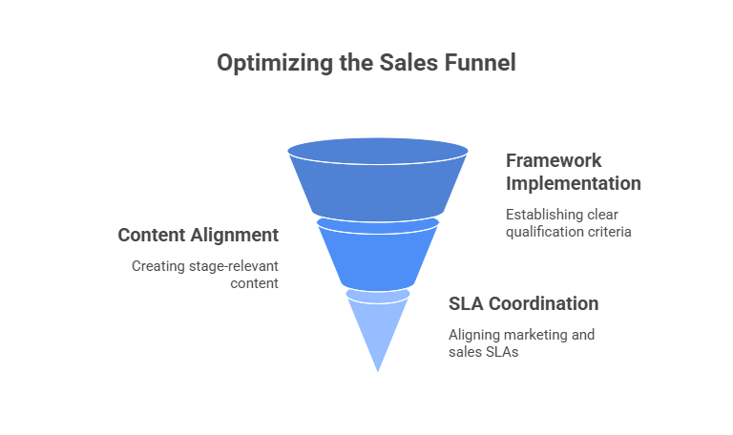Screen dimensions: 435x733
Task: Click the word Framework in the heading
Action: tap(554, 160)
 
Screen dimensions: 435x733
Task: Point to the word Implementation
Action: tap(573, 183)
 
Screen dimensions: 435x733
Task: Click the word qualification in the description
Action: tap(542, 231)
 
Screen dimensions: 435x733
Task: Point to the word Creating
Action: tap(157, 265)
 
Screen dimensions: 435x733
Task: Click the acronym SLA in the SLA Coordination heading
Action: tap(467, 304)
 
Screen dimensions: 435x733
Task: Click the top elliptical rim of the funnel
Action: tap(378, 151)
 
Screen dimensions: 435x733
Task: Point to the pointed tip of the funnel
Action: tap(378, 368)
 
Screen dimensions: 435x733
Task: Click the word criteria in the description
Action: tap(611, 231)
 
